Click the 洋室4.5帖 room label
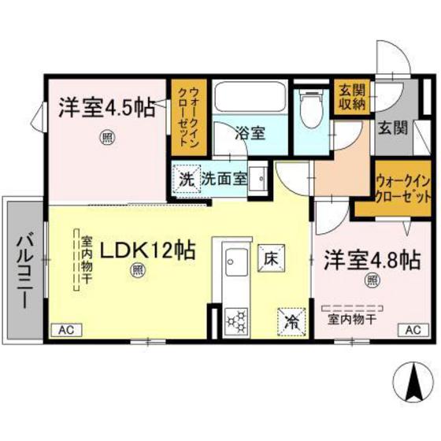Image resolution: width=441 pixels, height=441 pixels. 106,108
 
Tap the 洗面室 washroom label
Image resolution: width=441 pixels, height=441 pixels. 224,178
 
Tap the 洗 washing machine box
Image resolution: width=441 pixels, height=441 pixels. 186,178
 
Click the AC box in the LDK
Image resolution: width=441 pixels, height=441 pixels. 66,331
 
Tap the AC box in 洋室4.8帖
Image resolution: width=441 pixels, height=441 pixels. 412,331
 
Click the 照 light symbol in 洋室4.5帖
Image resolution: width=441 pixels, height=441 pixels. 105,137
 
